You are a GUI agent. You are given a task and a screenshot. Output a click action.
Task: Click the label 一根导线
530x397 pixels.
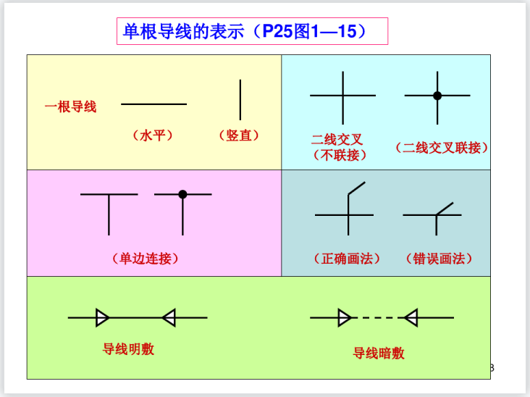pyautogui.click(x=70, y=106)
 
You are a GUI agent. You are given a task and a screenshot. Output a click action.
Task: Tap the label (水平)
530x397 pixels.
pyautogui.click(x=153, y=135)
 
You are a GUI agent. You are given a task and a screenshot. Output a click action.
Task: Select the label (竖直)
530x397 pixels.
pyautogui.click(x=238, y=135)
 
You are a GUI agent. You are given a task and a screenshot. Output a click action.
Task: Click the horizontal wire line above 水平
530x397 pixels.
pyautogui.click(x=153, y=104)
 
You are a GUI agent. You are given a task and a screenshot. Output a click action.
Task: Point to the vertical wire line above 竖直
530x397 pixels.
pyautogui.click(x=240, y=99)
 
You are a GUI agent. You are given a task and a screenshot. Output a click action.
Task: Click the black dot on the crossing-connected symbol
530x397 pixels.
pyautogui.click(x=437, y=96)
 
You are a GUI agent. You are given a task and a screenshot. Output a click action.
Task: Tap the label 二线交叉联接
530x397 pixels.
pyautogui.click(x=442, y=147)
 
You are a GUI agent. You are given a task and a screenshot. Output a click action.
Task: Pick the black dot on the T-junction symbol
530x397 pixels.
pyautogui.click(x=182, y=194)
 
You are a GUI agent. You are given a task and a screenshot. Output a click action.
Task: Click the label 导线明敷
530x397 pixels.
pyautogui.click(x=128, y=349)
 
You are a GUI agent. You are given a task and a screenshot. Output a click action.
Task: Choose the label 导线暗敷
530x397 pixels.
pyautogui.click(x=379, y=353)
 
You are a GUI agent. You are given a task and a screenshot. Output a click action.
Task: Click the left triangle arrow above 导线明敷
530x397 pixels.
pyautogui.click(x=103, y=317)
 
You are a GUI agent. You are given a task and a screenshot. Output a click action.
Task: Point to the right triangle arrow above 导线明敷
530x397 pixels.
pyautogui.click(x=169, y=317)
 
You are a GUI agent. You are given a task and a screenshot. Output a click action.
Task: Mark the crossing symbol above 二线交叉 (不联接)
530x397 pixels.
pyautogui.click(x=342, y=96)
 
